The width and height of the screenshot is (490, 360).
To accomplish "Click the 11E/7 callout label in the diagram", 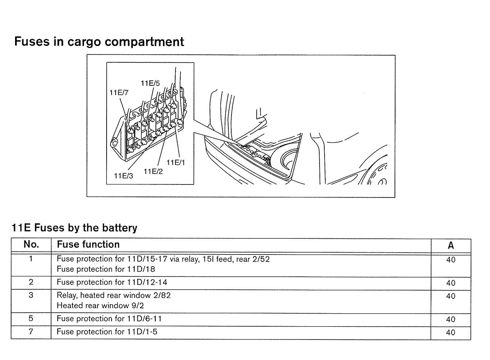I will point(119,92).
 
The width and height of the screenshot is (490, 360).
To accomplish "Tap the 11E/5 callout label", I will point(150,83).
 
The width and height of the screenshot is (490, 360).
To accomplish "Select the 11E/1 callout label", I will point(176,163).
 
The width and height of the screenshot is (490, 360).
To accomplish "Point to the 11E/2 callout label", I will point(153,171).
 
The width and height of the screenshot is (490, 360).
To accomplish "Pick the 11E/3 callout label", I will point(123,176).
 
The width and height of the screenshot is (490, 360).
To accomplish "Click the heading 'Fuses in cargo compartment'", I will point(99,42).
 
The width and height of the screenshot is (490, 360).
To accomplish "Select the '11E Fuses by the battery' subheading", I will point(74,228).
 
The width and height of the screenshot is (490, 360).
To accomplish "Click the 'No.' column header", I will point(31,245).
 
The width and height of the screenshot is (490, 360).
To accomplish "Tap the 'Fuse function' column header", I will point(88,244).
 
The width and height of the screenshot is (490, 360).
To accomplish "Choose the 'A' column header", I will point(451,246).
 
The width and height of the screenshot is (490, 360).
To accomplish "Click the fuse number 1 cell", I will point(31,259).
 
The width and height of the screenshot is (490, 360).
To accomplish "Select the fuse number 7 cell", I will point(31,332).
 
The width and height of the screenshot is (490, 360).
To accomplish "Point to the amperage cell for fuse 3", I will point(451,296).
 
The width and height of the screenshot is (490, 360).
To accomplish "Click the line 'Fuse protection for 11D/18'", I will point(106,269).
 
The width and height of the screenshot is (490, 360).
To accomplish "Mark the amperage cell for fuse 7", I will point(451,332).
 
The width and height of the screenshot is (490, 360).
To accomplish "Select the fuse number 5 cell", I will point(31,319).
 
